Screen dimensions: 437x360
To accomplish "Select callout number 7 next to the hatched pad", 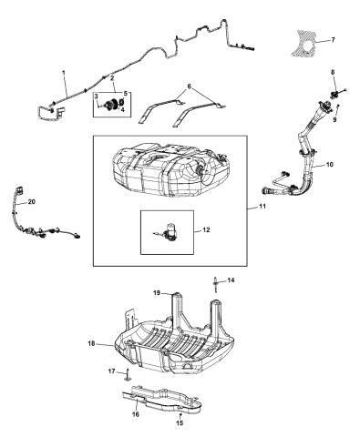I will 333,40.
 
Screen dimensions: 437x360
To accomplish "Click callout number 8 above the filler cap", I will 332,72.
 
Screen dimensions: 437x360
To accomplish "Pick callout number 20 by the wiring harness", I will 32,202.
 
